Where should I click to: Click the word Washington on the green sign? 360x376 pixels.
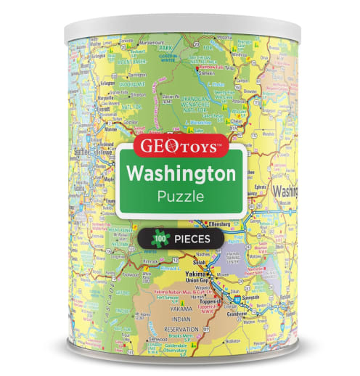point(180,173)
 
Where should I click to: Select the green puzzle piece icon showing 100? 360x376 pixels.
point(157,237)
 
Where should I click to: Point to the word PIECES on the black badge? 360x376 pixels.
point(193,237)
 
